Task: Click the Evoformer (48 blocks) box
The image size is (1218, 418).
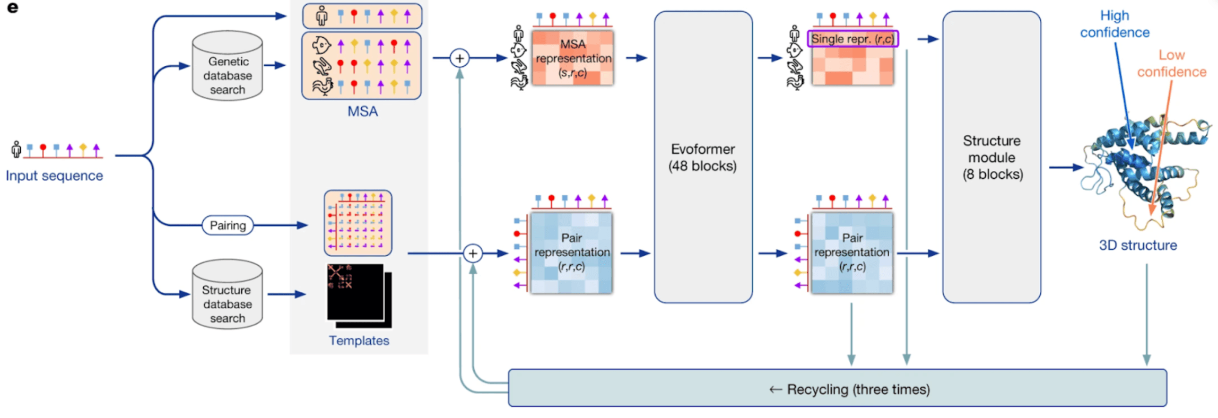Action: coord(703,158)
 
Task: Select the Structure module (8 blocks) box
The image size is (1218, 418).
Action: coord(991,158)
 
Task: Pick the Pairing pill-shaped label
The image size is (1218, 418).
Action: coord(228,225)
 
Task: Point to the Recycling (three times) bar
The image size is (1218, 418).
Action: coord(837,389)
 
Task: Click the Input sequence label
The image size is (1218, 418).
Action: coord(54,176)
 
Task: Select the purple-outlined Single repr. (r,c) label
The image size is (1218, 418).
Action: coord(852,39)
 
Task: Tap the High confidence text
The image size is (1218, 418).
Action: coord(1115,24)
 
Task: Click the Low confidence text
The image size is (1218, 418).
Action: coord(1171,63)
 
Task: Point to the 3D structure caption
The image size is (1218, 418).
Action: coord(1137,245)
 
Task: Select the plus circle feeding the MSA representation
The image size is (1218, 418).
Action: coord(459,58)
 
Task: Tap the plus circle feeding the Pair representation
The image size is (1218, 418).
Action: coord(472,254)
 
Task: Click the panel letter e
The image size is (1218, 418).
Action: coord(13,7)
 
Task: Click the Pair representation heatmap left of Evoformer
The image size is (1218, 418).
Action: coord(571,253)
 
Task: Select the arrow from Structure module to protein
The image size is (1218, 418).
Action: coord(1065,168)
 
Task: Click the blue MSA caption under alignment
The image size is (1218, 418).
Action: coord(362,111)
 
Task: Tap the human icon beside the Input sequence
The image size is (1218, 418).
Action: coord(16,149)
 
